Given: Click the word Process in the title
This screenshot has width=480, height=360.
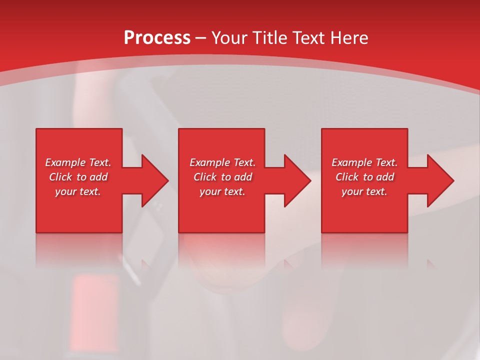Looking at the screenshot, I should pos(157,38).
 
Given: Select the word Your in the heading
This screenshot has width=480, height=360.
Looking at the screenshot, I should pos(230,38).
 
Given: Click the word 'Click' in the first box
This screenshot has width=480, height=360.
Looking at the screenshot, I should pos(60,177).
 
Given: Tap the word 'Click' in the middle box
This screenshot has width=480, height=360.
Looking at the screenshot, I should pos(205,177).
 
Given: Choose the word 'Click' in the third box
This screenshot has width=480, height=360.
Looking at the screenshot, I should pos(347,177).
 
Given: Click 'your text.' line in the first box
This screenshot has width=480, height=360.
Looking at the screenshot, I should pos(78,191).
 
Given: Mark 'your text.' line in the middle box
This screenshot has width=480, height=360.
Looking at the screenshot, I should pos(222,191).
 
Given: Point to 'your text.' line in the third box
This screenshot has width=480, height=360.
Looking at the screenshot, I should pos(364,191).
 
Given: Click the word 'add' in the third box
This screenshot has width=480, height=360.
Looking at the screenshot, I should pos(385,177).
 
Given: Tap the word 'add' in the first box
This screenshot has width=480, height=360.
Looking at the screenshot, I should pos(98,177).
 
